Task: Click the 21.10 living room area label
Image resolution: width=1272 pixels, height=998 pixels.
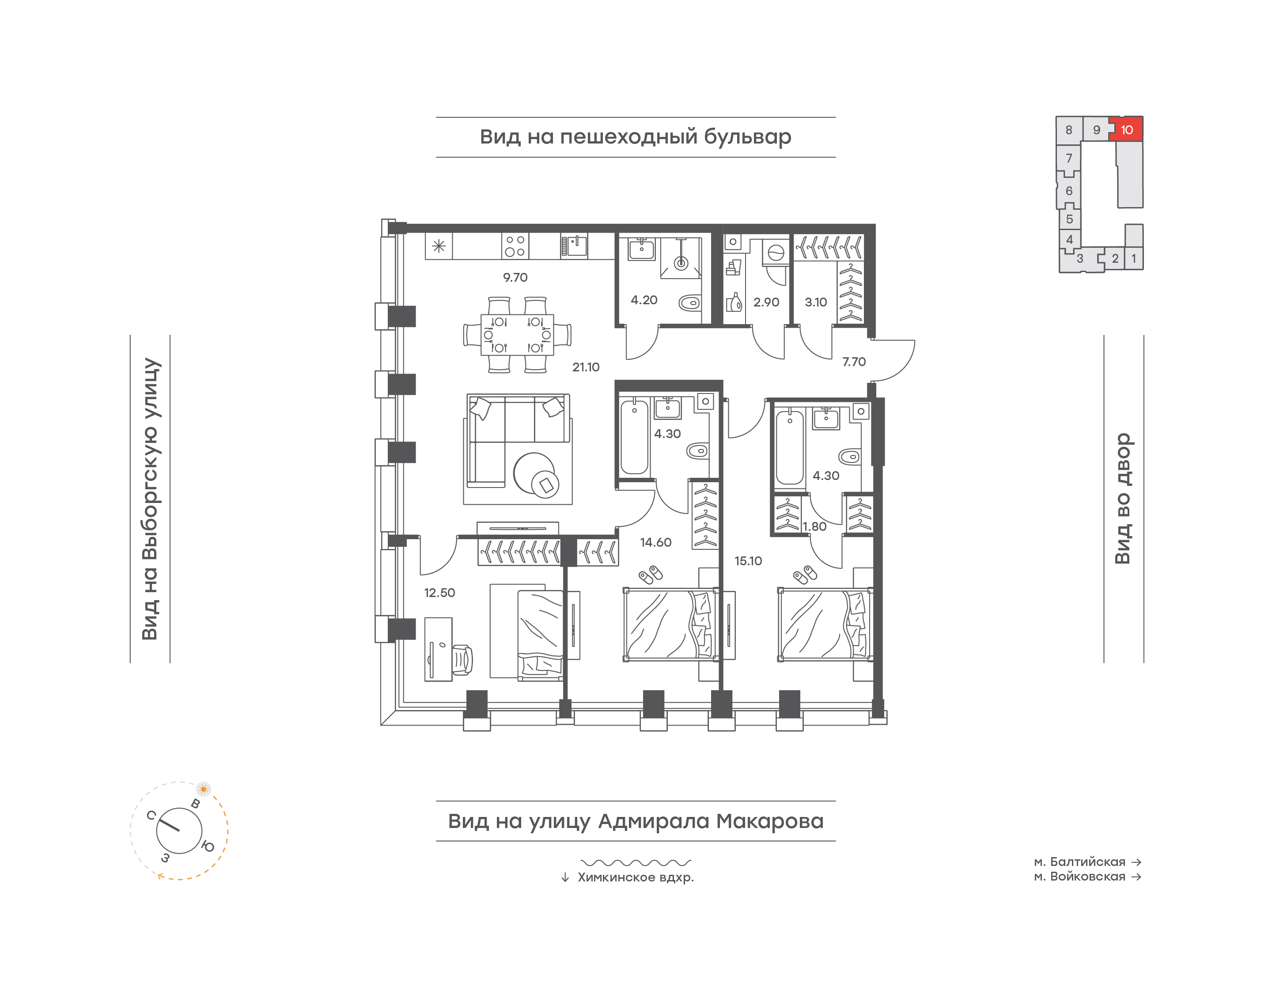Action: pyautogui.click(x=586, y=367)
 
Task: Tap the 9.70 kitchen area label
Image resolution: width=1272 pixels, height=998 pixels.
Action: pyautogui.click(x=515, y=278)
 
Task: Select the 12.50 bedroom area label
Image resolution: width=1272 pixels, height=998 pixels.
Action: pyautogui.click(x=439, y=593)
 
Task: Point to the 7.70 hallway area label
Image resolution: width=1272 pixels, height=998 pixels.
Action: pyautogui.click(x=854, y=362)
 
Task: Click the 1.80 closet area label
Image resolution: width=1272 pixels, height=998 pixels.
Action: pyautogui.click(x=814, y=526)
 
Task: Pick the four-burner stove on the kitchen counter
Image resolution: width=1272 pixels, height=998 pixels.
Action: pyautogui.click(x=515, y=246)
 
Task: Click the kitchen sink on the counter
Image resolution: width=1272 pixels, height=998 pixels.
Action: pyautogui.click(x=574, y=246)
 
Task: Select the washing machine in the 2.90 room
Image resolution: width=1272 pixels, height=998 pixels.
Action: pyautogui.click(x=776, y=253)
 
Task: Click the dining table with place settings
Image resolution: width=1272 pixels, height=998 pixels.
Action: pyautogui.click(x=517, y=335)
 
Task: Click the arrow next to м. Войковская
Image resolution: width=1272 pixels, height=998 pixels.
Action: pyautogui.click(x=1136, y=877)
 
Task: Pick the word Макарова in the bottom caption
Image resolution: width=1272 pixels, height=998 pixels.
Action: pyautogui.click(x=770, y=821)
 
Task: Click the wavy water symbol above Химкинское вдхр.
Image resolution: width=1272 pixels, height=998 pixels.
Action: pyautogui.click(x=636, y=862)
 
